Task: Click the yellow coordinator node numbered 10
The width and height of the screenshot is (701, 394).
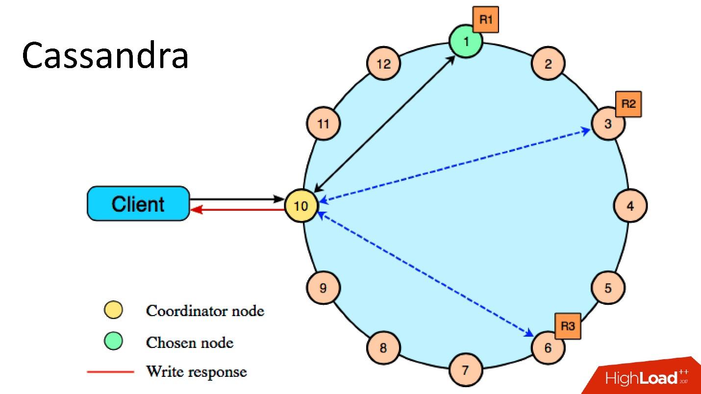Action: [301, 206]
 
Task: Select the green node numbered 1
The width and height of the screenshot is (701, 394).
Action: [466, 41]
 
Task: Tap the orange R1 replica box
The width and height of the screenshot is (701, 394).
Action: [486, 20]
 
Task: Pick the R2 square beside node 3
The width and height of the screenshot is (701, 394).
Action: [628, 104]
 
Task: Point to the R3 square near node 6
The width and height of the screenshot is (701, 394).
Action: [568, 326]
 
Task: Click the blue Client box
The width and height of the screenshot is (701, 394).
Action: [138, 203]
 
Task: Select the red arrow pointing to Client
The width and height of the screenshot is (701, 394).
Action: [237, 209]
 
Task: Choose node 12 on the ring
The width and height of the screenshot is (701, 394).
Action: [383, 64]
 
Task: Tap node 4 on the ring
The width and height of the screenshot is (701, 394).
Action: [630, 206]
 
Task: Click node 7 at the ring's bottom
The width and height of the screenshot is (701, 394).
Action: [466, 370]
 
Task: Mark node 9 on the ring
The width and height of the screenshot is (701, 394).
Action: [323, 288]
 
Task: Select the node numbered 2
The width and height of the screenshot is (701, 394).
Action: [548, 64]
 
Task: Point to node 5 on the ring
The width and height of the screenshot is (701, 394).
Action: [608, 288]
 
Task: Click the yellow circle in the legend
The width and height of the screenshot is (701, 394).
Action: [113, 310]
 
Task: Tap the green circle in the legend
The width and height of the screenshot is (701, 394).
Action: [113, 341]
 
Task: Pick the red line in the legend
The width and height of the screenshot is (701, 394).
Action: [110, 372]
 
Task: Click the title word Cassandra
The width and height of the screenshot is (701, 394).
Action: [105, 55]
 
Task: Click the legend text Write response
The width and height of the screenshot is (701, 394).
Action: [197, 372]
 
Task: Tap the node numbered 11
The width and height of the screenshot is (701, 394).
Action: [323, 123]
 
